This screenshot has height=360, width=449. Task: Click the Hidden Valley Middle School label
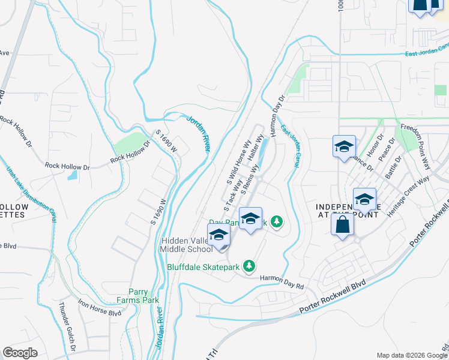click(186, 245)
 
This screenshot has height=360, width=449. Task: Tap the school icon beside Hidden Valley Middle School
click(219, 235)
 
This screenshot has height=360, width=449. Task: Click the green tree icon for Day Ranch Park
click(276, 222)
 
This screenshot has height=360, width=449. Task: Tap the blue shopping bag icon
click(342, 226)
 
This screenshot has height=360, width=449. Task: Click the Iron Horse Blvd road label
click(100, 309)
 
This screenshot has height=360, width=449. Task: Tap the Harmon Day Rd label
click(282, 278)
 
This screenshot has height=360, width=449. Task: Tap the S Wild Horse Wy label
click(237, 162)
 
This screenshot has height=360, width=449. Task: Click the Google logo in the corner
click(20, 352)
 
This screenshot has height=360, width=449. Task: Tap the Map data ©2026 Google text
click(411, 355)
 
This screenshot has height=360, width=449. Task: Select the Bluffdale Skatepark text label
click(203, 266)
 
